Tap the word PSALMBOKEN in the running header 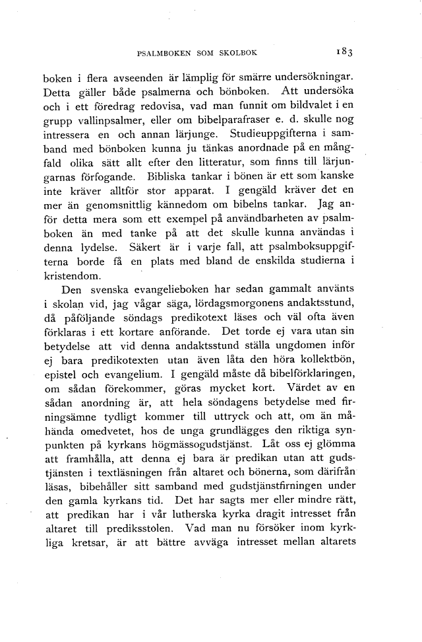[162, 51]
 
